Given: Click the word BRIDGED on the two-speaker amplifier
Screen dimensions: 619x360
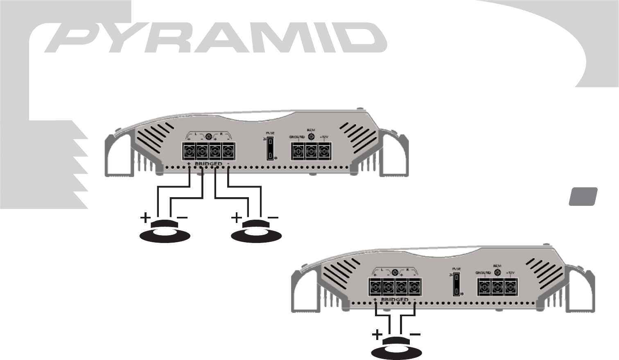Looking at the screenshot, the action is (208, 164).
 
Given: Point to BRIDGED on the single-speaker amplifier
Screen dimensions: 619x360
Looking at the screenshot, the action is (395, 300).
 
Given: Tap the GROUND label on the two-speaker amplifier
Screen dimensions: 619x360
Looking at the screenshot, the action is (296, 137).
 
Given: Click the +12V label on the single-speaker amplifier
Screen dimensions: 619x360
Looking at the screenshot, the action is (510, 272).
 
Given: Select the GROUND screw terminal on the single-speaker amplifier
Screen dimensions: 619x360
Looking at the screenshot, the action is (484, 288).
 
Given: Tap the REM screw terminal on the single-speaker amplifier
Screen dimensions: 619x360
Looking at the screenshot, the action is (497, 288).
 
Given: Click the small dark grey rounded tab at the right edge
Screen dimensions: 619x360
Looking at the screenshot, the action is (583, 196).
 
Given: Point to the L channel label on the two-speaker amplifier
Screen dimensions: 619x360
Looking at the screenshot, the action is (196, 134).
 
